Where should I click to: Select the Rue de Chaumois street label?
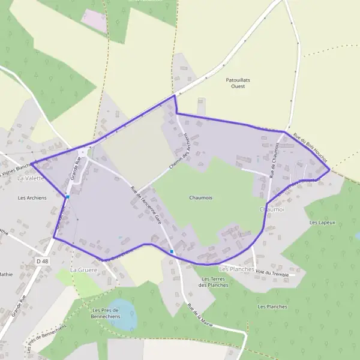coord(275,160)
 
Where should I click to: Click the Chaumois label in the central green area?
coord(201,197)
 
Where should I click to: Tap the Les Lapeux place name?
coord(322,223)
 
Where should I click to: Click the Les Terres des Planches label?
coord(214,282)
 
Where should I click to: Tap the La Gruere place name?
coord(83,270)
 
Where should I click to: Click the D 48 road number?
coord(41,261)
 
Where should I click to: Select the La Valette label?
coord(31,178)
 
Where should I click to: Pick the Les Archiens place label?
coord(32,197)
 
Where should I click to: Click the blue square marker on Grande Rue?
coord(68,196)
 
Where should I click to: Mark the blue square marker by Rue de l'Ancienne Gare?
coord(172,251)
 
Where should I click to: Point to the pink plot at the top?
coord(94,20)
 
